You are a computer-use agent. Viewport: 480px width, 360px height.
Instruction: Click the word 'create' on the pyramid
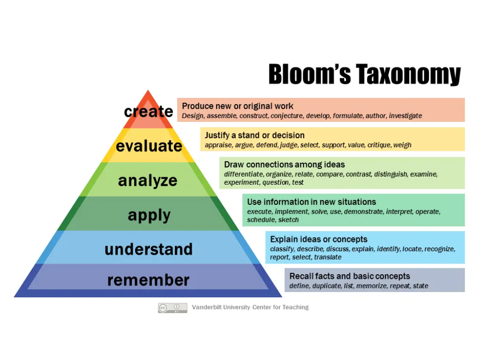(x=148, y=112)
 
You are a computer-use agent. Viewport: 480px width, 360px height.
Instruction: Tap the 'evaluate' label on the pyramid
(x=149, y=146)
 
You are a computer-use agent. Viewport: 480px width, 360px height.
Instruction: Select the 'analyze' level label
(x=148, y=180)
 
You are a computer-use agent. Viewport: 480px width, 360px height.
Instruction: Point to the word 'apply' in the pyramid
(x=149, y=216)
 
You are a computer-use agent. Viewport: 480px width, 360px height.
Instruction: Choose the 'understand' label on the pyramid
(x=148, y=249)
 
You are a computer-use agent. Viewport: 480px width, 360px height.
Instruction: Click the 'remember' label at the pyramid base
(x=148, y=280)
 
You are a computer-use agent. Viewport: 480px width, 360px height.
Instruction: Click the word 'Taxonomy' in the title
(x=408, y=75)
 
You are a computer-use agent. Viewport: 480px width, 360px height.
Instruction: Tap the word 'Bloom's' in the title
(x=309, y=75)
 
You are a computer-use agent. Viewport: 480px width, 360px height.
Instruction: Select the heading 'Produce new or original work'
(x=238, y=106)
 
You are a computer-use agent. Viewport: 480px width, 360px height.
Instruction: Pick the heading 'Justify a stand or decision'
(x=255, y=135)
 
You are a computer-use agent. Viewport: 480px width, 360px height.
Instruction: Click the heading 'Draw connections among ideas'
(x=284, y=165)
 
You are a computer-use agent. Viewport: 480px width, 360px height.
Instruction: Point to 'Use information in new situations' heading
(x=311, y=202)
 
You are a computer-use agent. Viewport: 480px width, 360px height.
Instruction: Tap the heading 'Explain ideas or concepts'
(x=319, y=240)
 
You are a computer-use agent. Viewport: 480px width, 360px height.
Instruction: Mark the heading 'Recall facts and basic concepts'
(x=350, y=276)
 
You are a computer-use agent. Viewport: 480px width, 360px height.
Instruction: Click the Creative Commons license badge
(x=172, y=308)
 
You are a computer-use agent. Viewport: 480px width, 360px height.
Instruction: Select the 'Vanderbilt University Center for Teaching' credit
(x=250, y=307)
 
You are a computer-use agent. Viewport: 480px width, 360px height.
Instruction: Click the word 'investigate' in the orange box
(x=405, y=116)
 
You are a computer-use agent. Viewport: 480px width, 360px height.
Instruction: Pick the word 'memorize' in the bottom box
(x=373, y=286)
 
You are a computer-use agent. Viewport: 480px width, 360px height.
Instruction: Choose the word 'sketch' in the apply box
(x=288, y=220)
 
